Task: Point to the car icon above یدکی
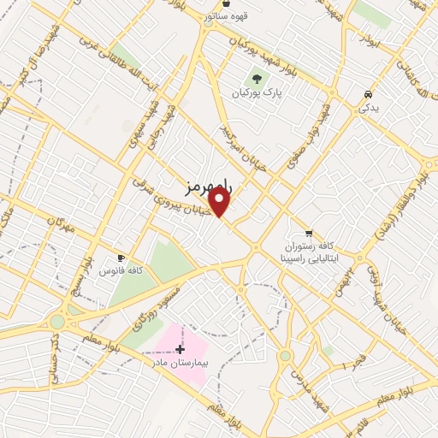367,93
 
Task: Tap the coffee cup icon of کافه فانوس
121,257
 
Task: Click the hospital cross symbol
180,349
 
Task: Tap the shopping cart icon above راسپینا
309,233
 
